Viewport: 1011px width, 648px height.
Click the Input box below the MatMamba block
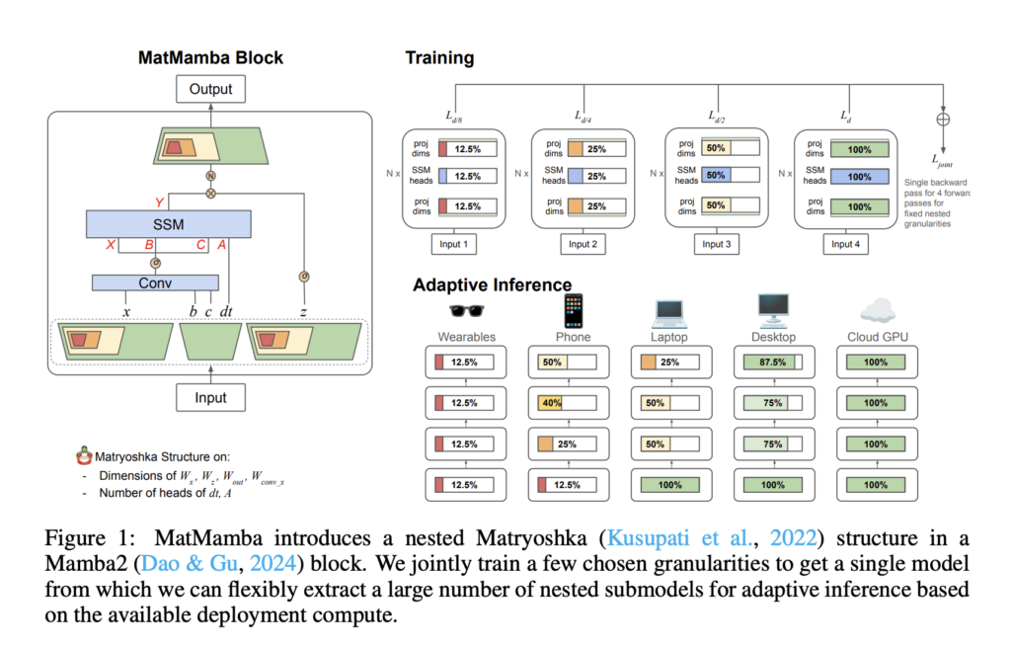pyautogui.click(x=209, y=397)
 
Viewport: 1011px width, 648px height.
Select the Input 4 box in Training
pyautogui.click(x=842, y=244)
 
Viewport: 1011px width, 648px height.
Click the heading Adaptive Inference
pyautogui.click(x=492, y=285)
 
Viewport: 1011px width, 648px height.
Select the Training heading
pyautogui.click(x=439, y=57)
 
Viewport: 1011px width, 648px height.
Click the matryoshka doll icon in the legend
pyautogui.click(x=84, y=456)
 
